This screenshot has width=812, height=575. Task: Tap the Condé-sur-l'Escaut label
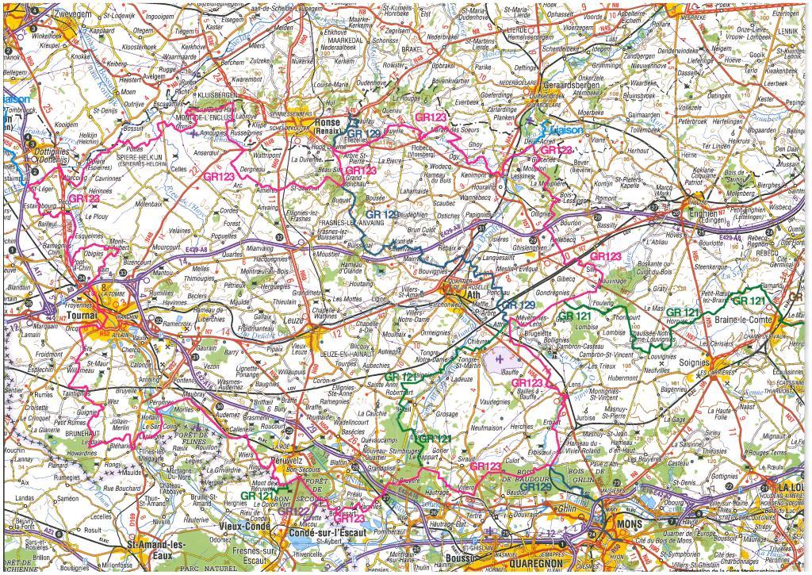tap(324, 533)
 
